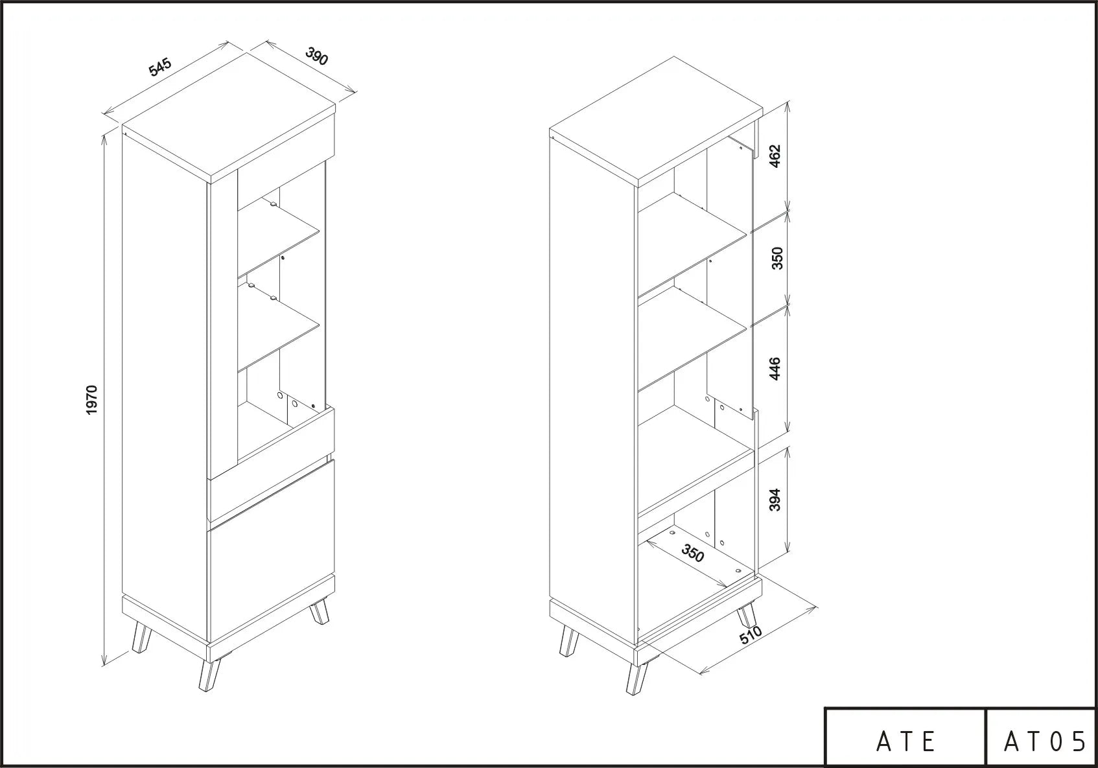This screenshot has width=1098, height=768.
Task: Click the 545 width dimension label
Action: [160, 67]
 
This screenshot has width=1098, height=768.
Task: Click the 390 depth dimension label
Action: [316, 56]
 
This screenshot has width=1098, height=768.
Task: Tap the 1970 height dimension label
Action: [91, 400]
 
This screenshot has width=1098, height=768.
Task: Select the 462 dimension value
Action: [775, 156]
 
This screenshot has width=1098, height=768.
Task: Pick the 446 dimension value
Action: [775, 369]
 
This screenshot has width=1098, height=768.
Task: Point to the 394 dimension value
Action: [775, 500]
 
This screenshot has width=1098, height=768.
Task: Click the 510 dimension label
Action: [751, 634]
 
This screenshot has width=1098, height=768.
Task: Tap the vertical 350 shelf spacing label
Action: [777, 259]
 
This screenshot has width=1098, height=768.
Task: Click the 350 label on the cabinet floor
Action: [693, 553]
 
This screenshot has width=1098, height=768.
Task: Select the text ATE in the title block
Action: [905, 741]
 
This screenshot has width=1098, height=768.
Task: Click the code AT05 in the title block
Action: [1045, 741]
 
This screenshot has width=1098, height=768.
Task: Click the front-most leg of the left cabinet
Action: [209, 676]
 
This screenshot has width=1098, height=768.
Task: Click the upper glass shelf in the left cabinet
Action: [279, 236]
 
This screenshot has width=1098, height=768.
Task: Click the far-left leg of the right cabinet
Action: [568, 641]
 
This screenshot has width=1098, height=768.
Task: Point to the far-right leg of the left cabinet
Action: [320, 611]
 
